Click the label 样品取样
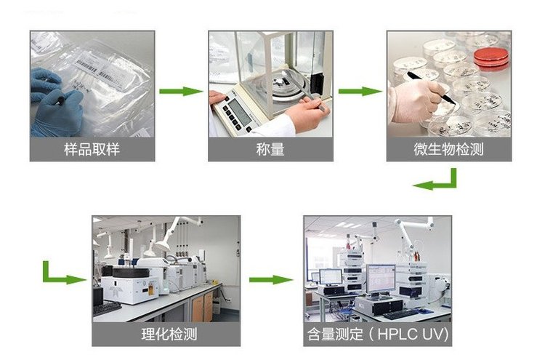[x=92, y=149]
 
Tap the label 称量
[x=270, y=149]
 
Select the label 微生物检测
[x=449, y=149]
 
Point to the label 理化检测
[x=169, y=335]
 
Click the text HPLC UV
[x=413, y=335]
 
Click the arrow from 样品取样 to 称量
[x=181, y=92]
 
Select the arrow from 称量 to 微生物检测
[x=360, y=92]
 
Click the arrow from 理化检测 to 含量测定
[x=271, y=280]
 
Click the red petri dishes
[x=491, y=57]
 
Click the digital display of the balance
[x=241, y=112]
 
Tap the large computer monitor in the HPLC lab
[x=381, y=279]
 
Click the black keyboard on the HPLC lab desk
[x=400, y=314]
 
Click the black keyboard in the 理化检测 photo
[x=107, y=309]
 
